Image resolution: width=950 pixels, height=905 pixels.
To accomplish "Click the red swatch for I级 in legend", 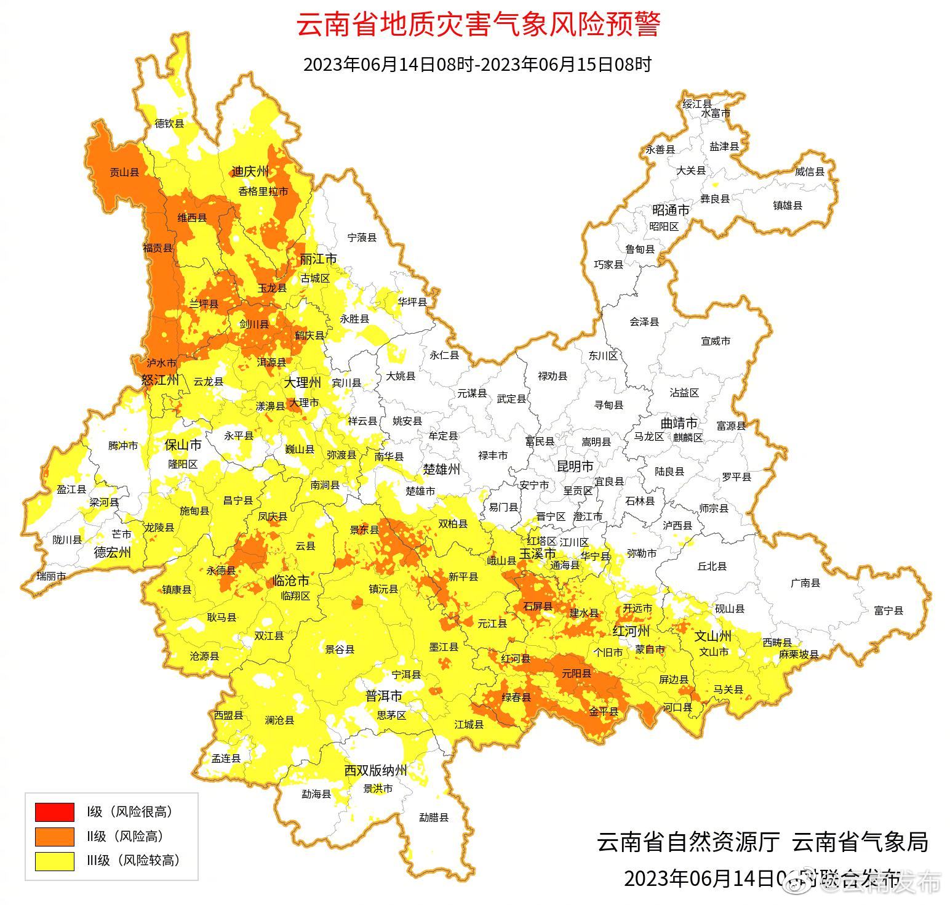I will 54,812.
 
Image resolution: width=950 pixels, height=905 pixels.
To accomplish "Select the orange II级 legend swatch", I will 54,836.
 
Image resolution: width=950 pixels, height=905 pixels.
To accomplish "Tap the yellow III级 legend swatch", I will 54,861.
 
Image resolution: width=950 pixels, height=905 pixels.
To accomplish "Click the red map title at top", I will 478,25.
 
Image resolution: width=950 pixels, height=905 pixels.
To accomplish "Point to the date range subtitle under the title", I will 477,64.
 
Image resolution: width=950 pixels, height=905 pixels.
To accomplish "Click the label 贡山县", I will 124,172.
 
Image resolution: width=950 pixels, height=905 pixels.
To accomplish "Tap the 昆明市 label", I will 575,466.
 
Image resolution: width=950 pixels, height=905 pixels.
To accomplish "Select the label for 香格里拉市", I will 263,191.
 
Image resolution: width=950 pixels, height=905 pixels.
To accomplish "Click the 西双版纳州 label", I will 375,770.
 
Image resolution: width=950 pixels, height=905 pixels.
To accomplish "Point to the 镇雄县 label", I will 788,206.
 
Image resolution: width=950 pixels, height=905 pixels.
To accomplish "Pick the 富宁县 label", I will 888,611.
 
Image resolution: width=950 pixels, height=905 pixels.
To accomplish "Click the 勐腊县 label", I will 434,818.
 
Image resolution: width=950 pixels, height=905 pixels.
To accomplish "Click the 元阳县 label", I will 577,674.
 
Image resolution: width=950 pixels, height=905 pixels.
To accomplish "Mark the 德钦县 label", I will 169,124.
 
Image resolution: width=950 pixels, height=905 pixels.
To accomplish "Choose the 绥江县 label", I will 697,103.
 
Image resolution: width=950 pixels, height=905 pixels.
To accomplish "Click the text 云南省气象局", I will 860,842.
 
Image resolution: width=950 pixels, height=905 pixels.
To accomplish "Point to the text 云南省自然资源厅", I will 688,842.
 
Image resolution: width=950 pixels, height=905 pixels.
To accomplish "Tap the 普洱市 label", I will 383,696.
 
